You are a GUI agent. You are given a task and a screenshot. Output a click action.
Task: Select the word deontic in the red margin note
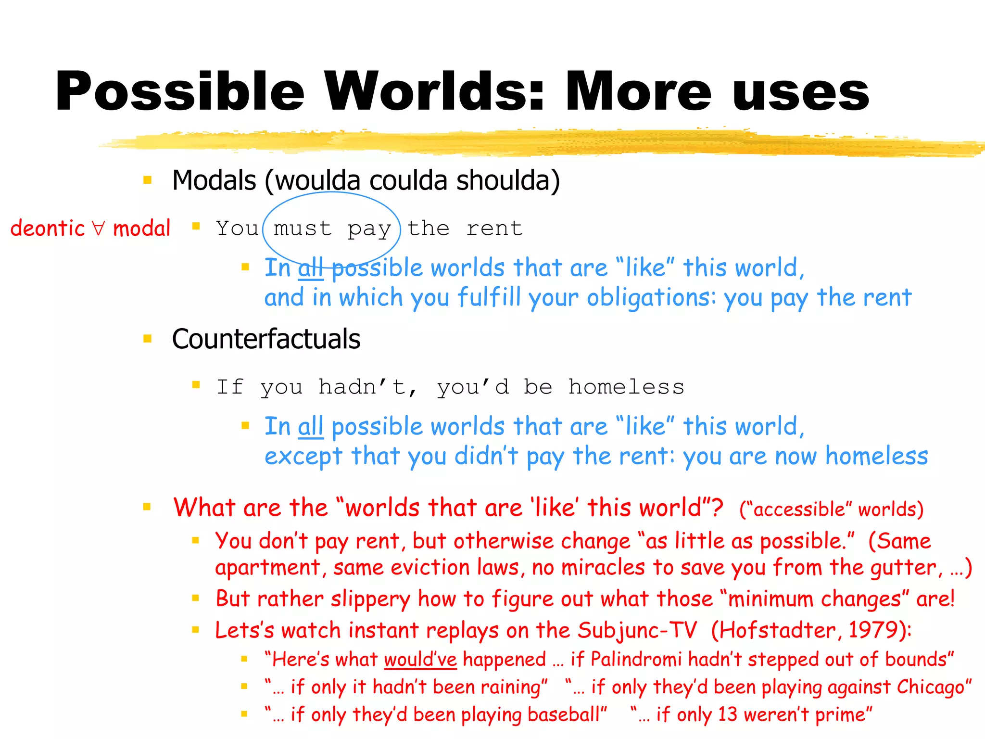47,228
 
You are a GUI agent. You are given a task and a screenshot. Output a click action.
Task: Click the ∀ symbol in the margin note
99,228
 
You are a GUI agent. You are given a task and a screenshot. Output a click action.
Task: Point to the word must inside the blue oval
303,229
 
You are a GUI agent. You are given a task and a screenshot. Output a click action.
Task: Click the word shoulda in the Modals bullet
507,180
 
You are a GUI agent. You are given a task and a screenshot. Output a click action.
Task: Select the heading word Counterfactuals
266,339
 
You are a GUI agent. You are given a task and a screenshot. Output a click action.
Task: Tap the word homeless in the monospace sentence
626,387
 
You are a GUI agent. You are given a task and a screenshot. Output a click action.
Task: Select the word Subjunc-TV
637,630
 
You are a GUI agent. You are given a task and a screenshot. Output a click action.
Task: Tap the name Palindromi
636,659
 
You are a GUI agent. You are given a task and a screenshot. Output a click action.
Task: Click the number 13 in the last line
727,715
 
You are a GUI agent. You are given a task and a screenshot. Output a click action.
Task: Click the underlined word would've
420,660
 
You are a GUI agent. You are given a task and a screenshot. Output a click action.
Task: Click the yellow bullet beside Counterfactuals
148,339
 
